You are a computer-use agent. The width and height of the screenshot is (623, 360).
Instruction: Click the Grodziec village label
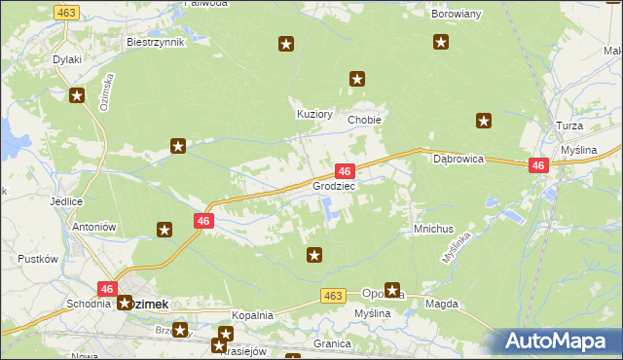point(334,185)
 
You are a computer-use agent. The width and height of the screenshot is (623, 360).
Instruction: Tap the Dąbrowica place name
point(458,159)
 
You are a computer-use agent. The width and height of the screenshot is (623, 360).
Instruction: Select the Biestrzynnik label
point(155,43)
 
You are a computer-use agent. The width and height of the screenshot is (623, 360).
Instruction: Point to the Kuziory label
point(315,114)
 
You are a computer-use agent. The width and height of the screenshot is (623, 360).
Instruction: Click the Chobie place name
point(364,120)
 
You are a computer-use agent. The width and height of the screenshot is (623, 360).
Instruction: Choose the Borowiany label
point(457,15)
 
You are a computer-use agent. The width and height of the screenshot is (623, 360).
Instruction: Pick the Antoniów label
point(94,227)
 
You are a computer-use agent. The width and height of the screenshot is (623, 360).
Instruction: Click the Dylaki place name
point(67,59)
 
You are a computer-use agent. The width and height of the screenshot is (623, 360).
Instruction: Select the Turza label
point(596,127)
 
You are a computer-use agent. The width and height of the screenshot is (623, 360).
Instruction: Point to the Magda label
point(442,305)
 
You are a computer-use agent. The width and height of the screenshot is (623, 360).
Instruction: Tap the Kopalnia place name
point(252,316)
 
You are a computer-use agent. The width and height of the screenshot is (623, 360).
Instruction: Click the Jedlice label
point(65,201)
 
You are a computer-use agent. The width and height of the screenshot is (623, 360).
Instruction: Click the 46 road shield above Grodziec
point(344,171)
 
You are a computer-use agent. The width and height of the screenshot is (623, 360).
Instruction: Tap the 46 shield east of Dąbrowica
point(538,166)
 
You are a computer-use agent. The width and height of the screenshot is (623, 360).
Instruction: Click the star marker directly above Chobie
point(357,79)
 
